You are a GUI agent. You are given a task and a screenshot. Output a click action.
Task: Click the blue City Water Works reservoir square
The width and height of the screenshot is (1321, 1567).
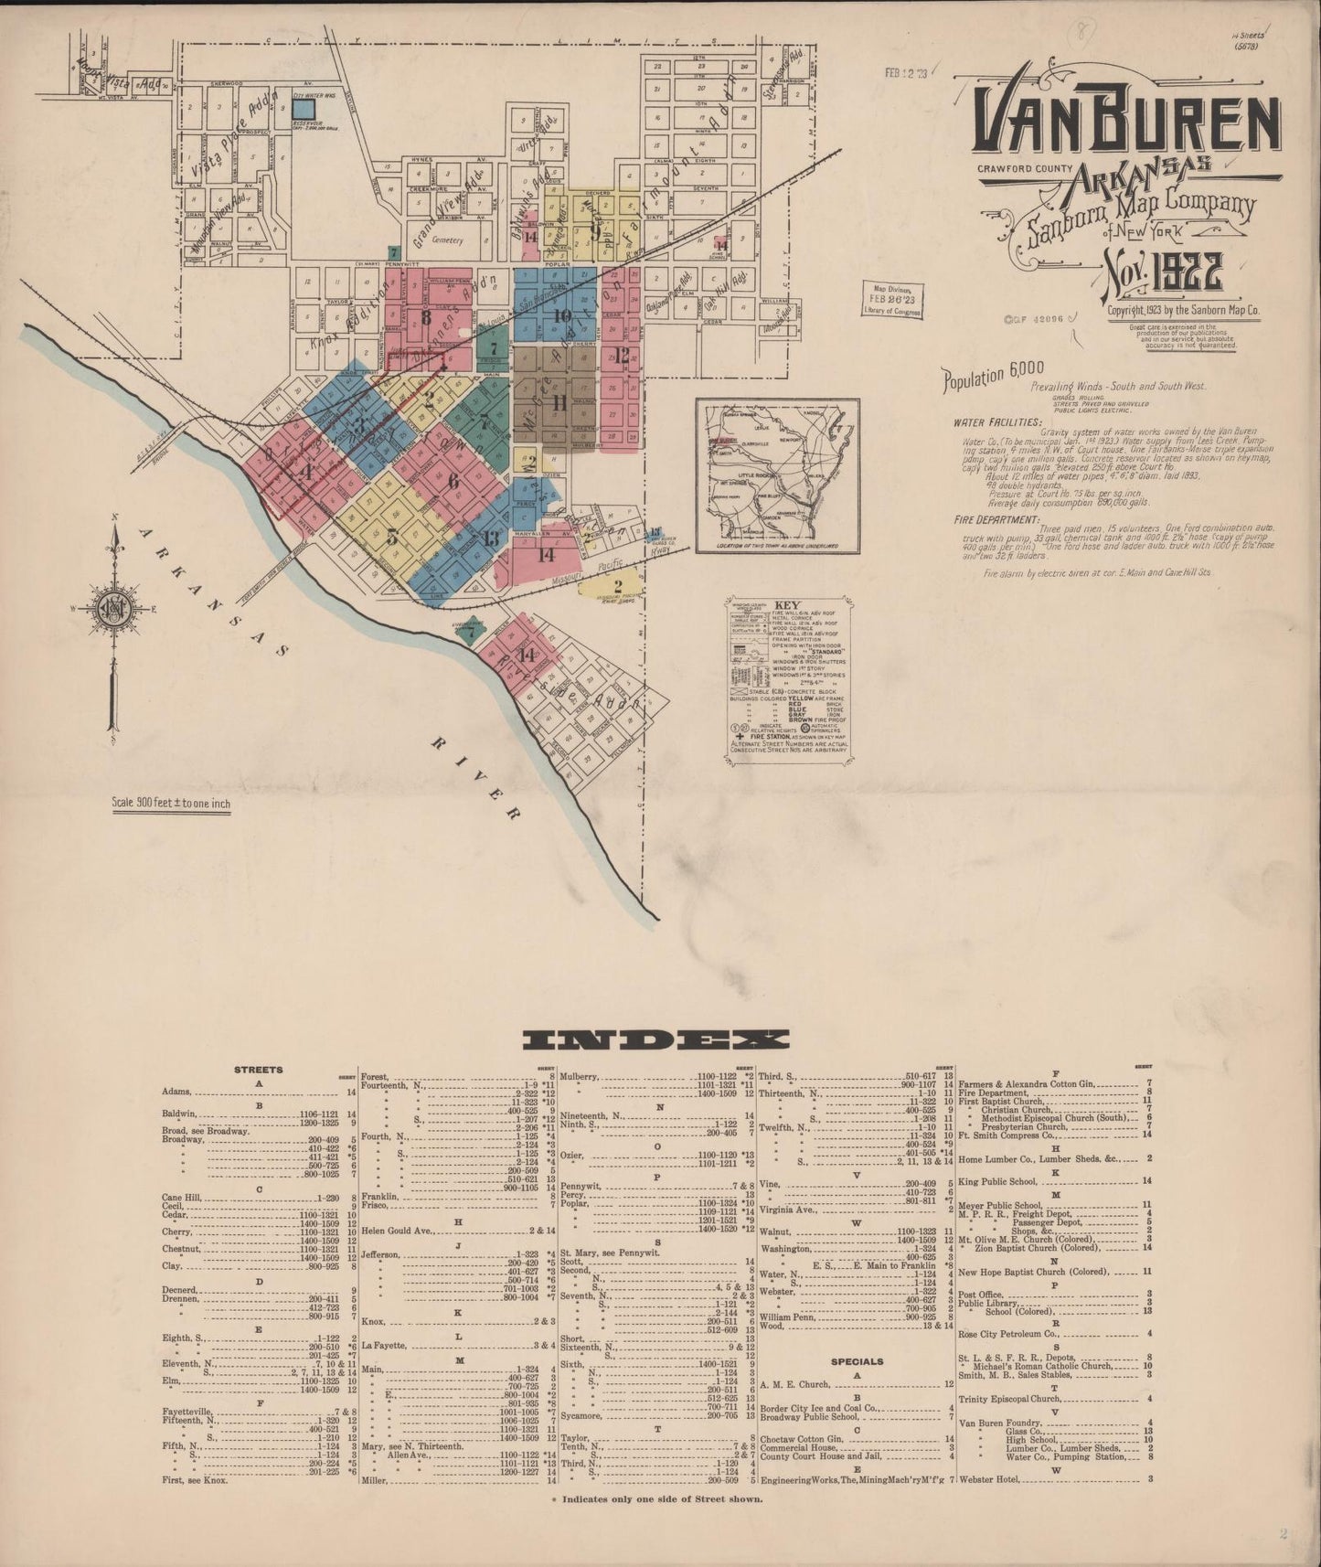pyautogui.click(x=304, y=108)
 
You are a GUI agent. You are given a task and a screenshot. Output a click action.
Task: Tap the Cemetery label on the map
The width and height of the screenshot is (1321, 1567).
pyautogui.click(x=447, y=240)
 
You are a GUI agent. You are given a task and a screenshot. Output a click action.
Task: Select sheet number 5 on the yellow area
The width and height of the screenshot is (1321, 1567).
pyautogui.click(x=392, y=537)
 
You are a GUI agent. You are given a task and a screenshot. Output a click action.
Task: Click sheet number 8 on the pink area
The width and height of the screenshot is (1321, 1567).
pyautogui.click(x=425, y=318)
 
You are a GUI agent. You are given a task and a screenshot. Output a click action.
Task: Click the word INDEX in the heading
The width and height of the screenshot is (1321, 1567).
pyautogui.click(x=655, y=1039)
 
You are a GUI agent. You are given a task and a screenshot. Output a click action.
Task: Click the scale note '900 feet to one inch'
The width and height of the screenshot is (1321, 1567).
pyautogui.click(x=171, y=805)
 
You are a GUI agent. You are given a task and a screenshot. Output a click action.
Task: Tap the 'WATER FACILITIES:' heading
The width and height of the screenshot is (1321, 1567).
pyautogui.click(x=996, y=422)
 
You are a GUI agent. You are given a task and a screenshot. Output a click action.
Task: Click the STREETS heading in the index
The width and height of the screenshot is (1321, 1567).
pyautogui.click(x=259, y=1069)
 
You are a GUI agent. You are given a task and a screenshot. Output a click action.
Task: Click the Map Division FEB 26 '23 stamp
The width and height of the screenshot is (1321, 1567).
pyautogui.click(x=891, y=299)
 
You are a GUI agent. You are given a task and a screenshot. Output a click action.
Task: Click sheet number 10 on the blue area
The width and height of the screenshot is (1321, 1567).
pyautogui.click(x=562, y=316)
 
